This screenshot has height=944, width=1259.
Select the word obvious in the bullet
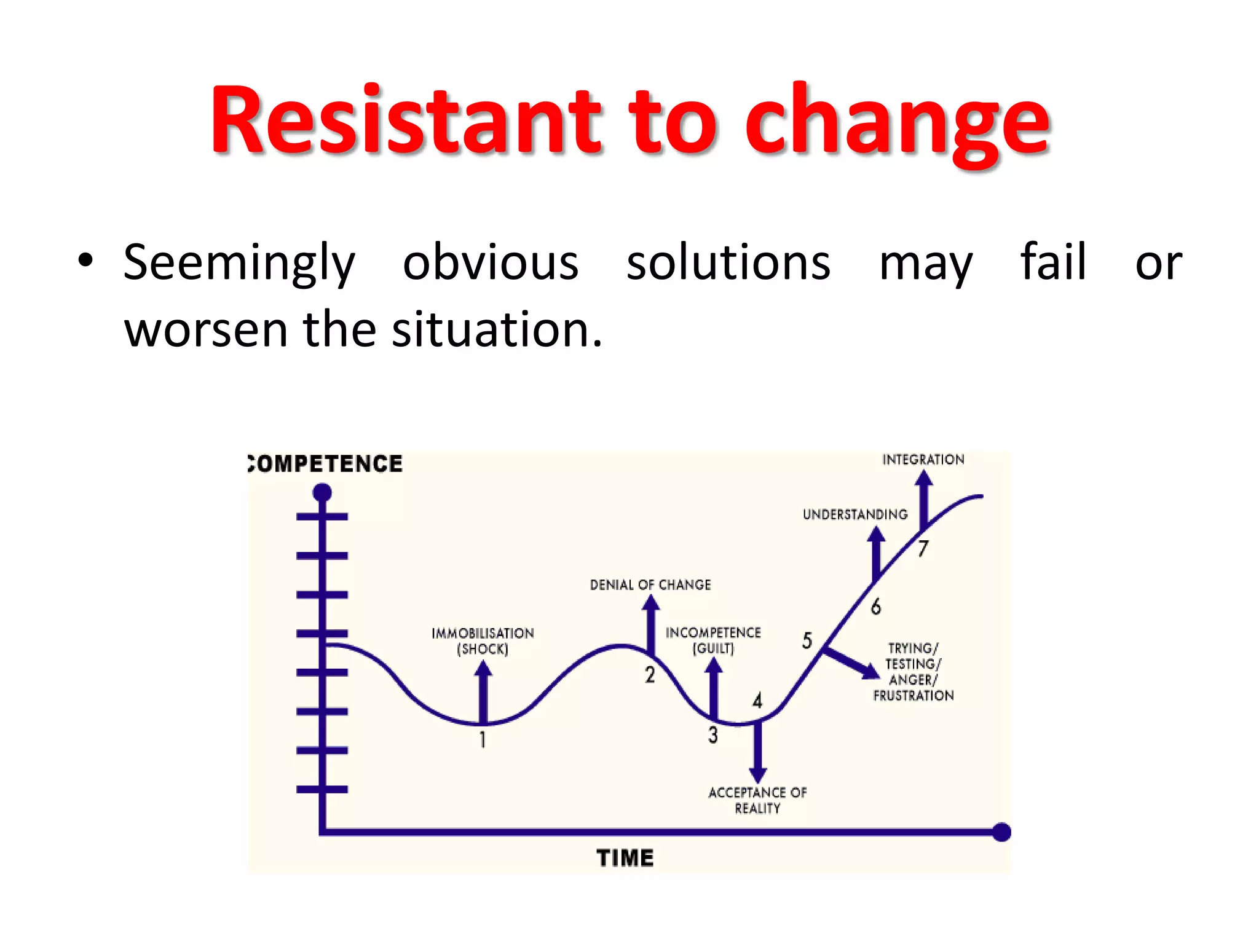(491, 263)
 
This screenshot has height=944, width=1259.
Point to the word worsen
(205, 330)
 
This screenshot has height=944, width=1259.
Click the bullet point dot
(85, 261)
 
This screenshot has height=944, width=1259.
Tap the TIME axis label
(625, 858)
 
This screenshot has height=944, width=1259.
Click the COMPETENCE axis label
(326, 464)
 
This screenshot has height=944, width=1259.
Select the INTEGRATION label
(923, 460)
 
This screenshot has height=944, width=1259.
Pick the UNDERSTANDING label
(855, 514)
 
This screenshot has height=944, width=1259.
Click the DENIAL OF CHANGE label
(650, 584)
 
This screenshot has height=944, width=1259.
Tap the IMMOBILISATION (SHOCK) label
(483, 641)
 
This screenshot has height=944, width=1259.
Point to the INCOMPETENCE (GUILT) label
(713, 640)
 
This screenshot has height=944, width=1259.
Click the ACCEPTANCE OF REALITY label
(757, 800)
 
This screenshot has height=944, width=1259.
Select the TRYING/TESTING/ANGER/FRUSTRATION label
(913, 672)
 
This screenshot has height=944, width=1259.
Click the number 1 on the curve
(483, 739)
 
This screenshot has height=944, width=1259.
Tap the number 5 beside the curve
(807, 640)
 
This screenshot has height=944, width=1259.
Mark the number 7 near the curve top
(923, 548)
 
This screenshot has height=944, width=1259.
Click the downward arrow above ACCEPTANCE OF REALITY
(757, 753)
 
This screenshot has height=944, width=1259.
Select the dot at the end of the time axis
(1001, 832)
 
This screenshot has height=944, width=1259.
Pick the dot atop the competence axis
(322, 492)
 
